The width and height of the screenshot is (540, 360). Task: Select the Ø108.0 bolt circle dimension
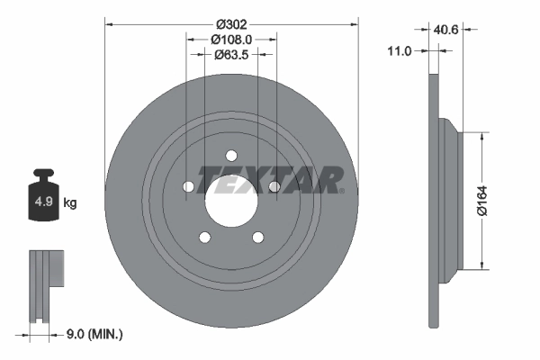pyautogui.click(x=231, y=39)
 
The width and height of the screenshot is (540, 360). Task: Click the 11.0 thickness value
pyautogui.click(x=398, y=52)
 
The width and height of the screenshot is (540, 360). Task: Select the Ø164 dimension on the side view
pyautogui.click(x=482, y=200)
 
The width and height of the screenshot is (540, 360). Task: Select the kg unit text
pyautogui.click(x=70, y=202)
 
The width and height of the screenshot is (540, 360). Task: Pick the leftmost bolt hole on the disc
pyautogui.click(x=189, y=186)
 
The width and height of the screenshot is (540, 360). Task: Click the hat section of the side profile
pyautogui.click(x=450, y=200)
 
